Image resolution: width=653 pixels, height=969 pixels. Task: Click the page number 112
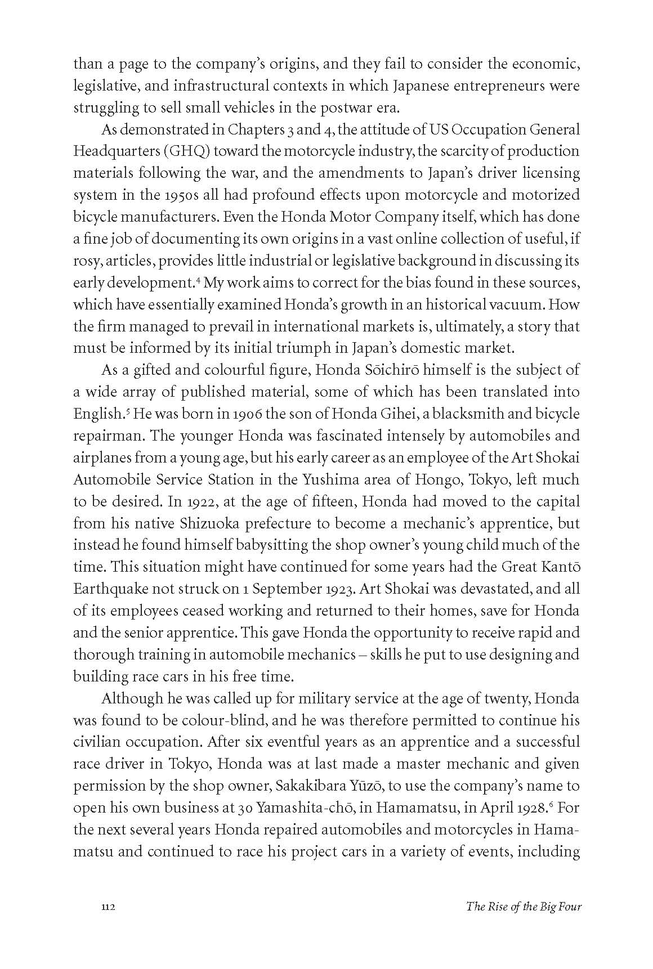click(108, 907)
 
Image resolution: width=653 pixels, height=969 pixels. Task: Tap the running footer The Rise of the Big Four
click(523, 907)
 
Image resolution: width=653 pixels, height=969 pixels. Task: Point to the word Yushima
click(328, 480)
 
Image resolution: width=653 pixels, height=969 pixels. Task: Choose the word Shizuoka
click(210, 524)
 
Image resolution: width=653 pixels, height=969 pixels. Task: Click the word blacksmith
click(450, 414)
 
